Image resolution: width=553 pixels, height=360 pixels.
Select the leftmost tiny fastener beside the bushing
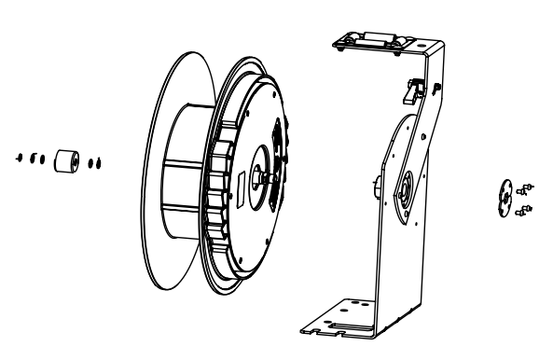click(19, 158)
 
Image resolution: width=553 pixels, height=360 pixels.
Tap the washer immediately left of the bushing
click(41, 158)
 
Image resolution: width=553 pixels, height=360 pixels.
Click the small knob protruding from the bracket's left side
click(373, 186)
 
